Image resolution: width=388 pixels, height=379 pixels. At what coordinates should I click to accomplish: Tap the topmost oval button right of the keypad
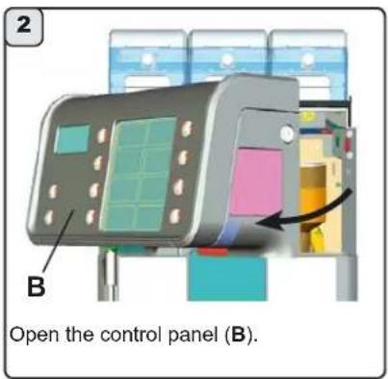pos(184,128)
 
